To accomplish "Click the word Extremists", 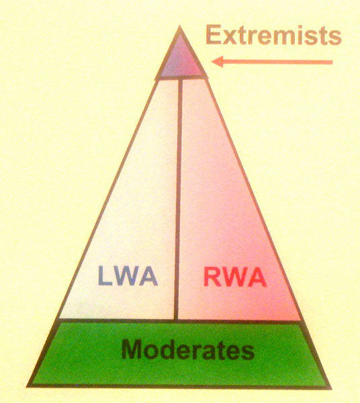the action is [x=273, y=35].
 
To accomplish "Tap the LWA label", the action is [x=128, y=276].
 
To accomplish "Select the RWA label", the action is [x=235, y=277].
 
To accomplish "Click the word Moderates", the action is [x=188, y=349].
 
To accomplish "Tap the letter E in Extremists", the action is [x=214, y=35].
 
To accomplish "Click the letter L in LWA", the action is [x=105, y=276].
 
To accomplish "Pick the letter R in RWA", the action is [x=212, y=277].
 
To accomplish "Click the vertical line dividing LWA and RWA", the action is [x=178, y=199].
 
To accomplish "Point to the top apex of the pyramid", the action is [x=180, y=26].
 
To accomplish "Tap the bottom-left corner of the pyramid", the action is [x=28, y=386].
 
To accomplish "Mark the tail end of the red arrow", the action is [x=332, y=62].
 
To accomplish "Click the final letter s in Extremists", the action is [x=335, y=38].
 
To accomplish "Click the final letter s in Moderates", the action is [x=248, y=351].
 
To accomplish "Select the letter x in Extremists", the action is [x=229, y=38].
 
